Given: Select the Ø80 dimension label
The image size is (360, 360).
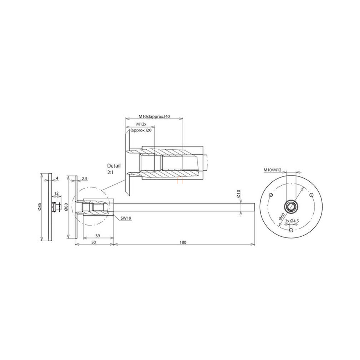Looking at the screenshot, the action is [x=66, y=207].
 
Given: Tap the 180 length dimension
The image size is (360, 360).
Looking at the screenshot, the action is [x=183, y=242].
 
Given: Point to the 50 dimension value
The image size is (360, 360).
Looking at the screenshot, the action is [x=94, y=242].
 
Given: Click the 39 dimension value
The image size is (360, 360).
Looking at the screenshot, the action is [x=98, y=236].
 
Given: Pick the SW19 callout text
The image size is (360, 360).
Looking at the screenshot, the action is [x=126, y=218].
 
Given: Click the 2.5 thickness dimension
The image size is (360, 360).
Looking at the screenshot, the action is [x=84, y=178].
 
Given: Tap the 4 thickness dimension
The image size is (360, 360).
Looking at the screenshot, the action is [x=57, y=178].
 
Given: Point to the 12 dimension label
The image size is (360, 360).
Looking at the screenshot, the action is [x=56, y=193].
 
